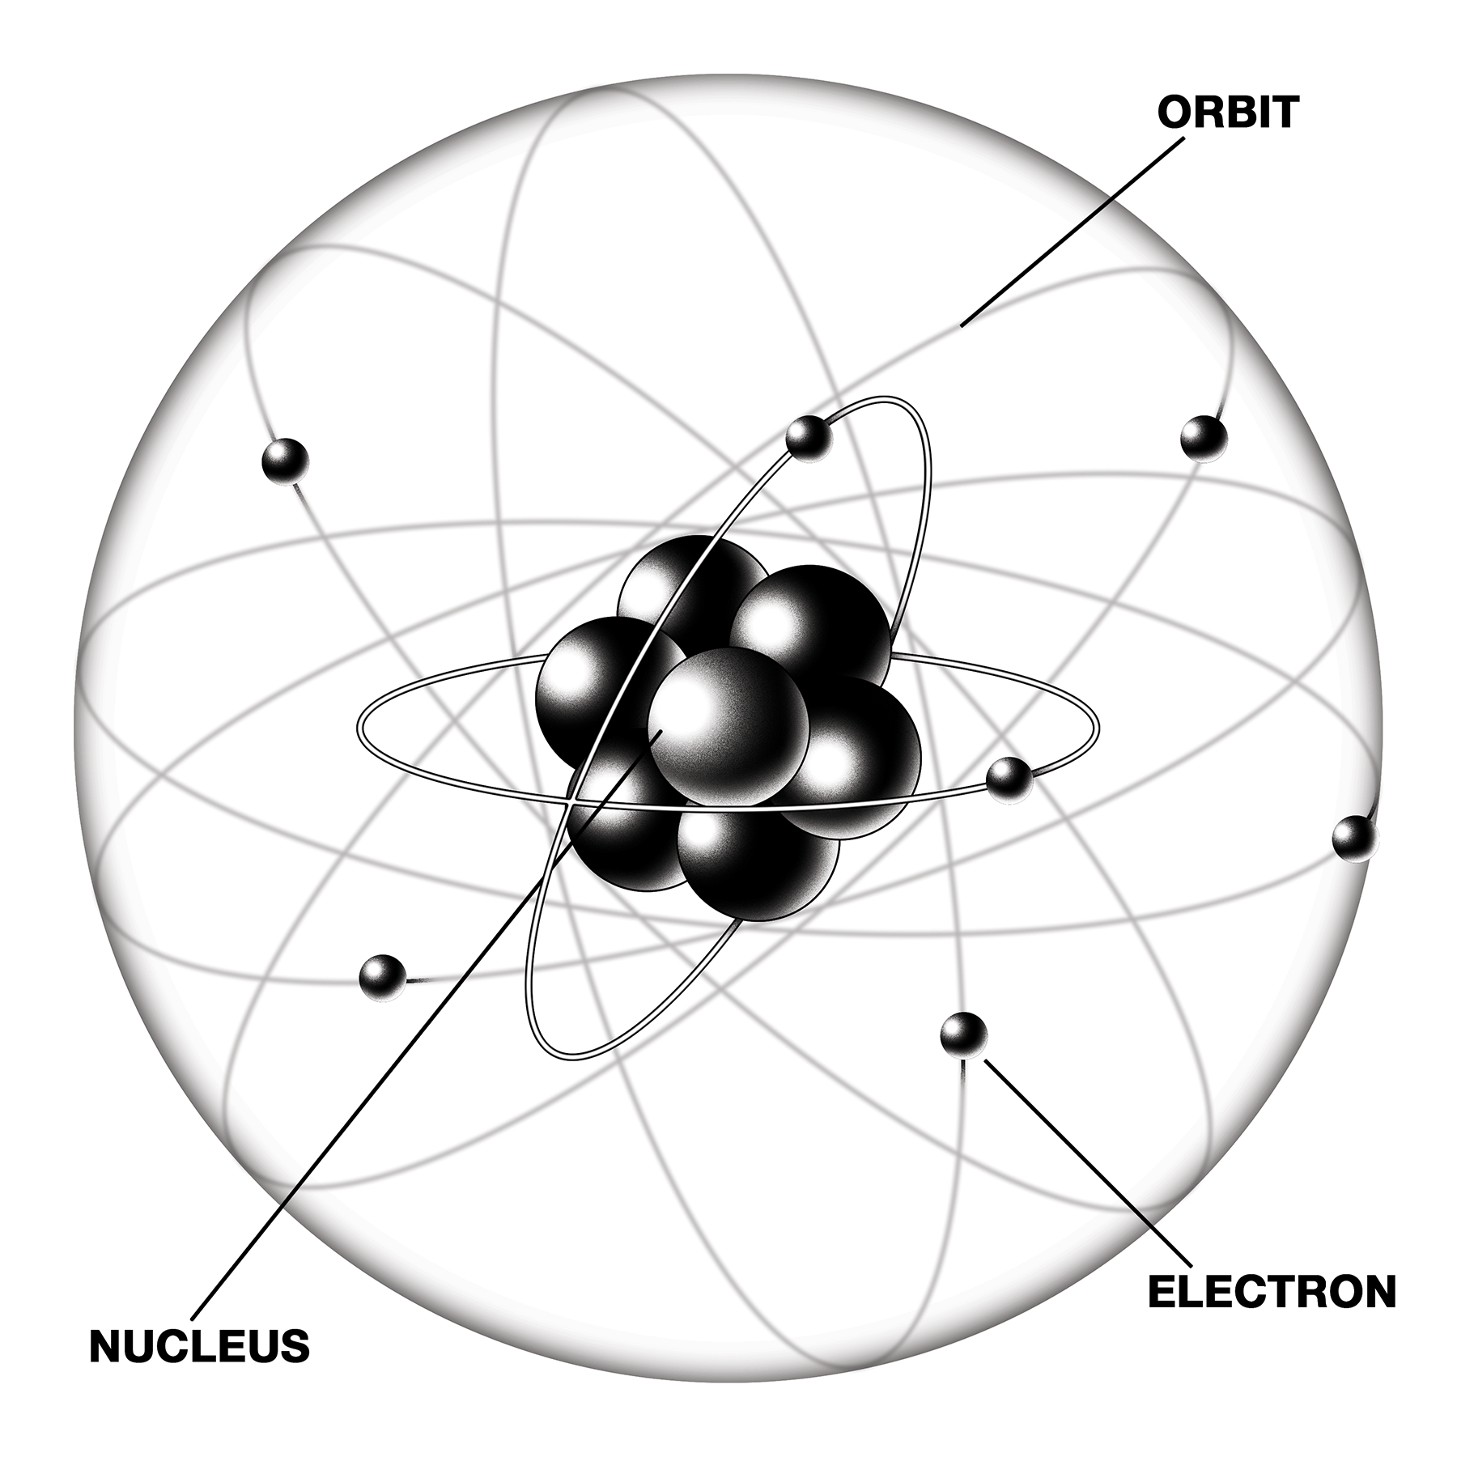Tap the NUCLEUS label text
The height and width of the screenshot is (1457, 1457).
199,1345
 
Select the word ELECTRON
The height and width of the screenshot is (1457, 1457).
1272,1291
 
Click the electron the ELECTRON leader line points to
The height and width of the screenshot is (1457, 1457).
963,1034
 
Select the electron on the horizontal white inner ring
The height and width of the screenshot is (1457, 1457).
1009,780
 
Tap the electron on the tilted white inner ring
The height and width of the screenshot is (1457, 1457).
809,438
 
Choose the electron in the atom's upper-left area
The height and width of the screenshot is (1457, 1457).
286,461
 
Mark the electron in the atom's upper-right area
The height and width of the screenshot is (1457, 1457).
1203,438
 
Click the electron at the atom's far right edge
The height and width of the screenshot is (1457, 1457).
1354,839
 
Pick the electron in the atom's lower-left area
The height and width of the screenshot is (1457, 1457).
382,978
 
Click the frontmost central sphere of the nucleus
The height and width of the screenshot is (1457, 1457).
728,726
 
